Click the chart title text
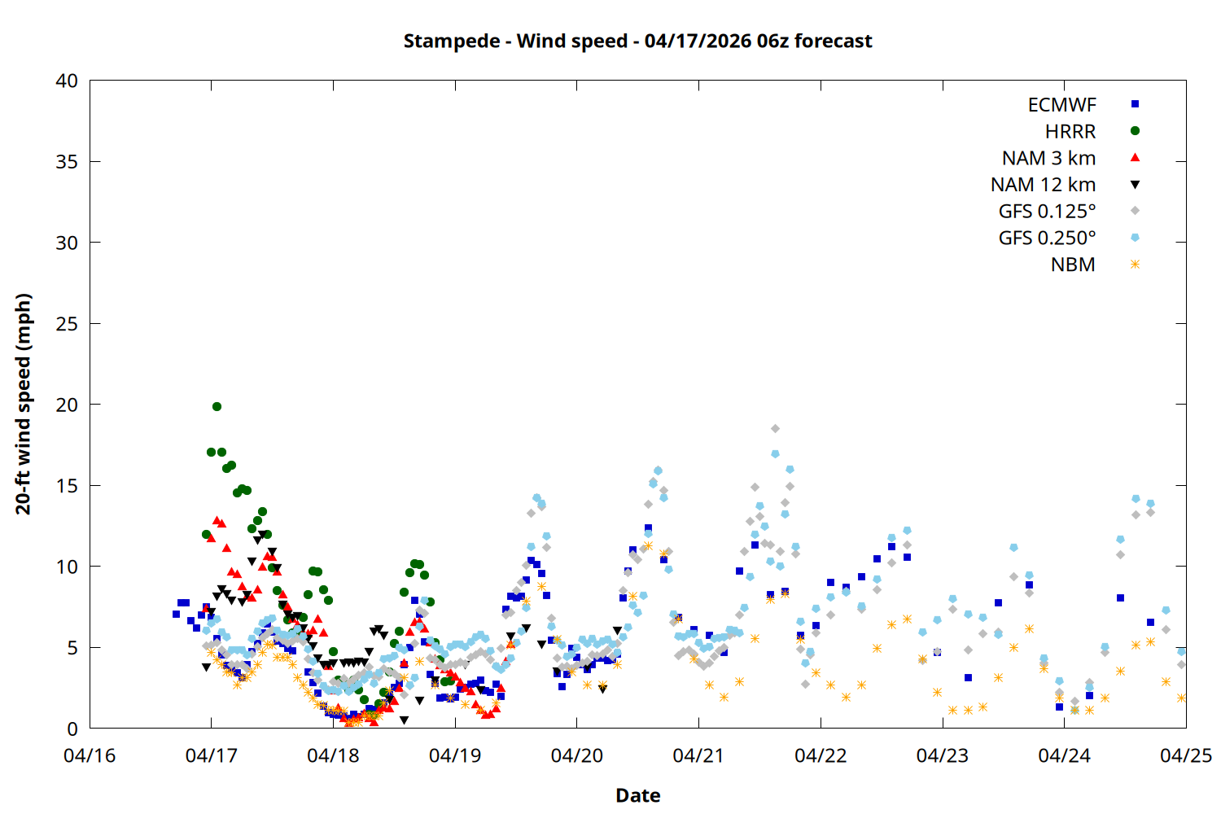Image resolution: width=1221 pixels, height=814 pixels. coord(637,41)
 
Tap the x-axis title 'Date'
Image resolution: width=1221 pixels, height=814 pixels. coord(637,795)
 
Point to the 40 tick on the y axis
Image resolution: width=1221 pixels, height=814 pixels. coord(67,81)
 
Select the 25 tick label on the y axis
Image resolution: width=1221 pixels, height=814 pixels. coord(67,324)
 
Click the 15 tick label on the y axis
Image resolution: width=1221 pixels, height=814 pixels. coord(67,486)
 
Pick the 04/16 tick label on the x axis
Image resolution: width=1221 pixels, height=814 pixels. coord(90,755)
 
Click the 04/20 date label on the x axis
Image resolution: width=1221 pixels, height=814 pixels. coord(577,755)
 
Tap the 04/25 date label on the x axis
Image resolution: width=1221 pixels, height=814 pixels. coord(1185,755)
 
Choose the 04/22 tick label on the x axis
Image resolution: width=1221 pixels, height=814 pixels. coord(821,755)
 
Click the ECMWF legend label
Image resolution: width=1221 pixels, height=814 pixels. coord(1061,105)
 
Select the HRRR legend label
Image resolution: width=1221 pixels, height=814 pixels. coord(1070,132)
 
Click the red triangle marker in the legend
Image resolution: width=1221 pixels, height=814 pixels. coord(1135,158)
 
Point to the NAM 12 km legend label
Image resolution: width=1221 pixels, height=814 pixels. coord(1043,185)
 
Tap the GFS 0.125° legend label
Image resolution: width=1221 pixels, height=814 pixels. coord(1047,212)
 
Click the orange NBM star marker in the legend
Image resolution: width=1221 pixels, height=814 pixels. coord(1135,265)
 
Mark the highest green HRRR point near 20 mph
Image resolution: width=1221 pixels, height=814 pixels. coord(217,406)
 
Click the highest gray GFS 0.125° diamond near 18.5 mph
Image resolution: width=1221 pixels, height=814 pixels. coord(775,428)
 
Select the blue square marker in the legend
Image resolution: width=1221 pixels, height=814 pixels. coord(1135,104)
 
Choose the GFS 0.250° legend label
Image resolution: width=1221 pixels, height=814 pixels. coord(1047,239)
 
